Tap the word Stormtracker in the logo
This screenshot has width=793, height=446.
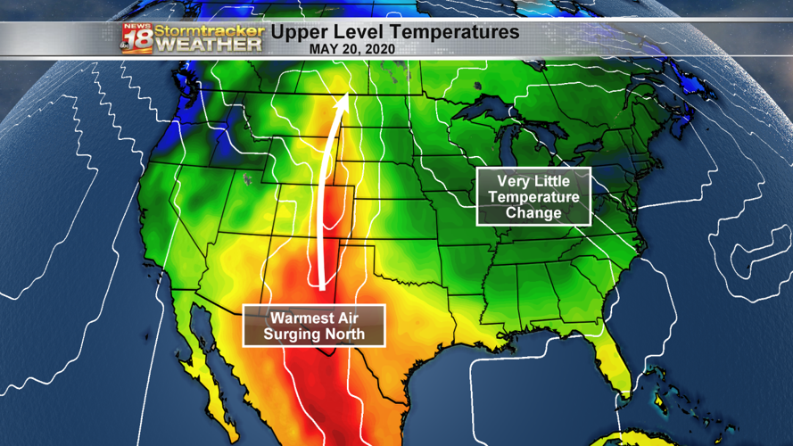tap(211, 30)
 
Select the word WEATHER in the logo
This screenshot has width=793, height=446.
tap(211, 44)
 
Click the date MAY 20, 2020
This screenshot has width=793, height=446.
tap(351, 49)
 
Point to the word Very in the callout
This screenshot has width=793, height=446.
tap(515, 181)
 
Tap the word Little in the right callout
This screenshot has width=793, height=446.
tap(557, 181)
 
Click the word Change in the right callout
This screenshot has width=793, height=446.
tap(533, 213)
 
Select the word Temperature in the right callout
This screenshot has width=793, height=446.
tap(533, 197)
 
